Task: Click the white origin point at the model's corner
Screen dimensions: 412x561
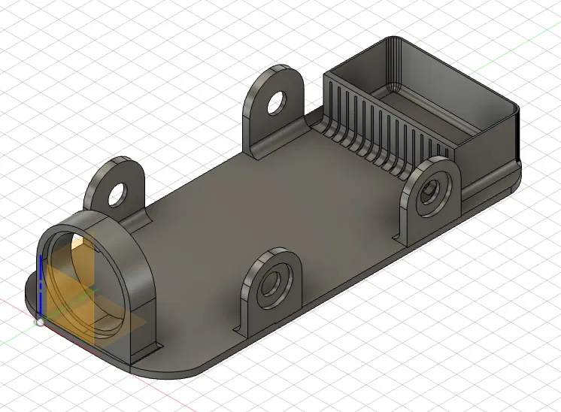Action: [x=40, y=322]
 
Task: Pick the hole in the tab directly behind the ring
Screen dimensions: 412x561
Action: [x=117, y=194]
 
